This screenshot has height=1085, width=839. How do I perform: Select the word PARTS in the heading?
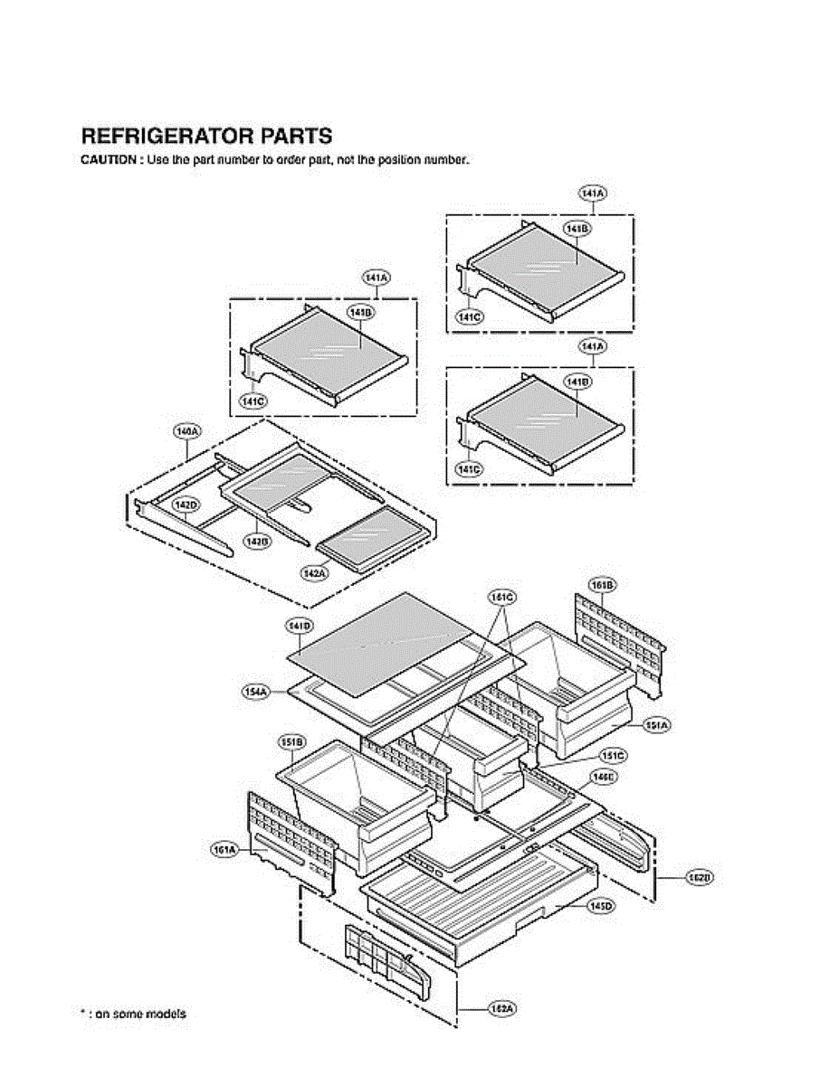tap(297, 137)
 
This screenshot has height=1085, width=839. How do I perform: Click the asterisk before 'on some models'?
tap(83, 1014)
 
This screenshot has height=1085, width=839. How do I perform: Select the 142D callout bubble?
tap(186, 505)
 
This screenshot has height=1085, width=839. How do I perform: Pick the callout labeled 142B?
tap(258, 541)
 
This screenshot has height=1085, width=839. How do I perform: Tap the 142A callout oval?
tap(314, 573)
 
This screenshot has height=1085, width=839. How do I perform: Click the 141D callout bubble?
tap(300, 626)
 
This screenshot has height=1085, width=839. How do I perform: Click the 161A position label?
tap(224, 850)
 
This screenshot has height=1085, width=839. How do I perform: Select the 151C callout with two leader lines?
tap(501, 597)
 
